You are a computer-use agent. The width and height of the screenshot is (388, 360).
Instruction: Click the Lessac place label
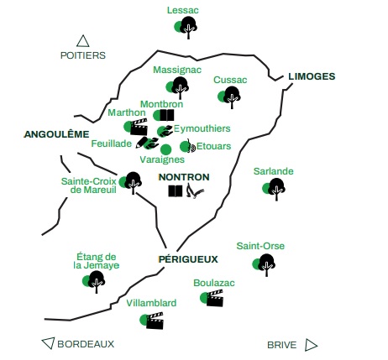(x=183, y=10)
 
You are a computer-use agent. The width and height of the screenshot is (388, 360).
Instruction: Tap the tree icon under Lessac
(x=188, y=28)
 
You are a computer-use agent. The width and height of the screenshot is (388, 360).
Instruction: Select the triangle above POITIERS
(x=83, y=41)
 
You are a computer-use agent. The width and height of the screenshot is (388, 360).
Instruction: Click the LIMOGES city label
(x=312, y=76)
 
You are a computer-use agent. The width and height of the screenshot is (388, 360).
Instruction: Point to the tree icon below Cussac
(x=232, y=97)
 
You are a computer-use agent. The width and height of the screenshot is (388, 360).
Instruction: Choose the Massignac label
(x=177, y=70)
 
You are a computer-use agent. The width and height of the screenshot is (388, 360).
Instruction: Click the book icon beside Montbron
(x=167, y=115)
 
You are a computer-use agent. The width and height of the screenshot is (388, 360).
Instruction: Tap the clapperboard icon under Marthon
(x=139, y=128)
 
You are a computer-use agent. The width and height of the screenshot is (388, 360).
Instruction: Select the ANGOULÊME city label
(x=56, y=134)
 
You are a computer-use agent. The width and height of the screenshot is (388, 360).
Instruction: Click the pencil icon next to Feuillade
(x=141, y=142)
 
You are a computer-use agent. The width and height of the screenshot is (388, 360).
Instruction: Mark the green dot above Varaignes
(x=165, y=149)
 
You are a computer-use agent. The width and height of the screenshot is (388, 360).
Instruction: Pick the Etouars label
(x=213, y=146)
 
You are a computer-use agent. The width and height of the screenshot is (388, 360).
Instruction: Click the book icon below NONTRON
(x=176, y=191)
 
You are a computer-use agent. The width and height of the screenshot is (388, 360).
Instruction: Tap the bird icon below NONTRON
(x=195, y=190)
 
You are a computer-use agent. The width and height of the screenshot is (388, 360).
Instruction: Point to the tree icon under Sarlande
(x=276, y=189)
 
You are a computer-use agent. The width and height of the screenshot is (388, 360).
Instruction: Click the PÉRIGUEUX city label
(x=188, y=259)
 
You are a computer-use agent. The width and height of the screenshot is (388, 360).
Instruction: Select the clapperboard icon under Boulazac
(x=215, y=298)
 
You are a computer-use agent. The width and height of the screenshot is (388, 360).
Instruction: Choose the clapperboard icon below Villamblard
(x=155, y=321)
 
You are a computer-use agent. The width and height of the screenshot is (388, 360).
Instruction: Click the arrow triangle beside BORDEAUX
(x=48, y=343)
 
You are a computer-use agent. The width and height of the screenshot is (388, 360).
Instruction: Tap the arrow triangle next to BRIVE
(x=311, y=345)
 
